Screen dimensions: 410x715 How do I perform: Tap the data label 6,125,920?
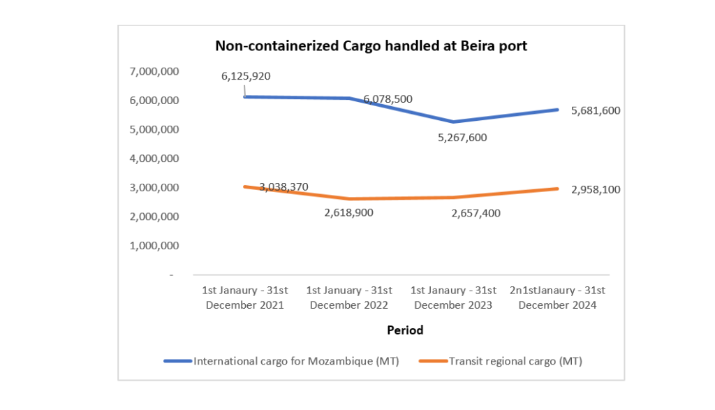[x=246, y=76]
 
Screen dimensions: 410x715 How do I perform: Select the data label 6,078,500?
[x=388, y=99]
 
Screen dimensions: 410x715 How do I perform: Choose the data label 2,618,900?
[x=348, y=212]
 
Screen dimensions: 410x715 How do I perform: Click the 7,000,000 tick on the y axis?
[x=154, y=71]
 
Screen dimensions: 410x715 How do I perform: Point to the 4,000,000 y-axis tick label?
[x=154, y=159]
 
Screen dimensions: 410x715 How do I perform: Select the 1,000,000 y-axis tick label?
[x=154, y=246]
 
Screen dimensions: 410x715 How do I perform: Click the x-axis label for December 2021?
[x=244, y=298]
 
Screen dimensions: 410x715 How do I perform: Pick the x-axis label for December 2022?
[x=349, y=298]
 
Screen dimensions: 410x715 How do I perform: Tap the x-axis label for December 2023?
[x=453, y=298]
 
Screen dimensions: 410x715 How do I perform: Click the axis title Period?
[x=406, y=330]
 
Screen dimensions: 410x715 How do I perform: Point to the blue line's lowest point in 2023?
[x=453, y=122]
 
